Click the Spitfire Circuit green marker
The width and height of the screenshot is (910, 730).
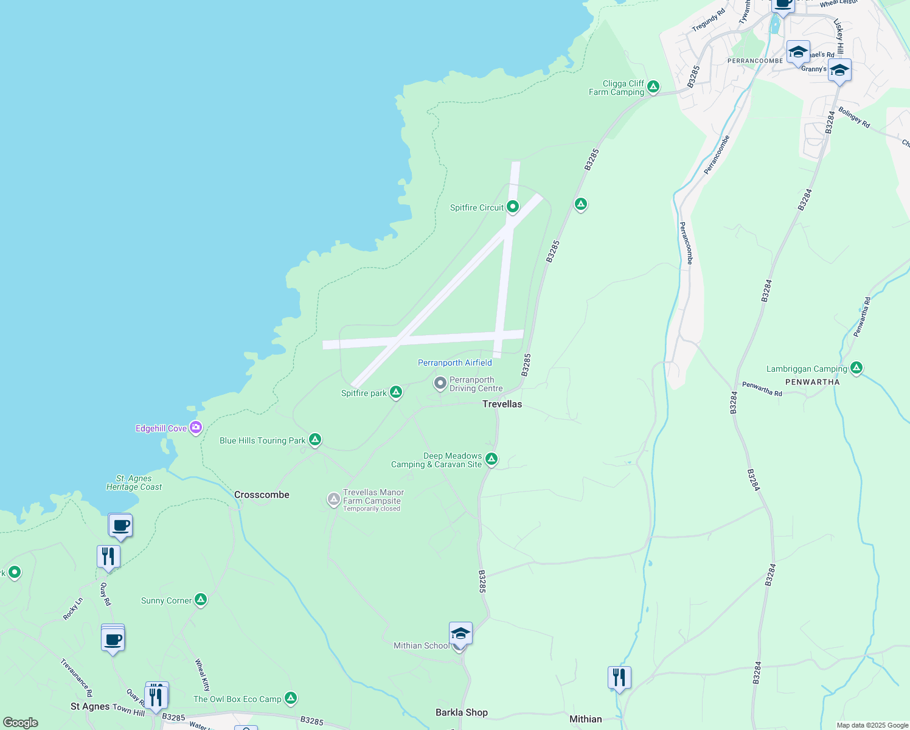click(513, 207)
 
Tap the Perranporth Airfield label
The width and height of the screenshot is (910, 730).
click(454, 363)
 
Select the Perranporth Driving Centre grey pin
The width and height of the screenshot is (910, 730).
click(440, 383)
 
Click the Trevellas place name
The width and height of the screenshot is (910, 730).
click(502, 404)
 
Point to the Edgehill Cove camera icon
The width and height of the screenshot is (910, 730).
click(196, 428)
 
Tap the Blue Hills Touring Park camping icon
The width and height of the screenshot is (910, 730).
click(314, 439)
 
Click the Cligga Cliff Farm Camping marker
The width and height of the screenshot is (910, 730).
click(653, 86)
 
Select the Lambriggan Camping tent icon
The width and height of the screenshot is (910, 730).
click(856, 367)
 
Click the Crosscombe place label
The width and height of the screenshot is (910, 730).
click(262, 495)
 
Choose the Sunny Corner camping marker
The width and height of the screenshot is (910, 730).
click(201, 600)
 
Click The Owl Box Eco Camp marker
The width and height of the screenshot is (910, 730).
click(291, 698)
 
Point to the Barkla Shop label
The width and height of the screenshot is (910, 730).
click(462, 712)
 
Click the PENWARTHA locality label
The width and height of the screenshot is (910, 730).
click(812, 382)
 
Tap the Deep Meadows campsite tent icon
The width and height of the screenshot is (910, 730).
click(491, 459)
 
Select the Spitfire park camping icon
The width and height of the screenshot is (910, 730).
click(396, 392)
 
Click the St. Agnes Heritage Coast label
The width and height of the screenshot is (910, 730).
click(134, 483)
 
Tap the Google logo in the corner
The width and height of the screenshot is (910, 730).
click(20, 723)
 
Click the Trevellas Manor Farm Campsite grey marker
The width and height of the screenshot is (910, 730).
click(333, 499)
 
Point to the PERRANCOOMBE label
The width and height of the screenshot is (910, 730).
click(755, 61)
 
